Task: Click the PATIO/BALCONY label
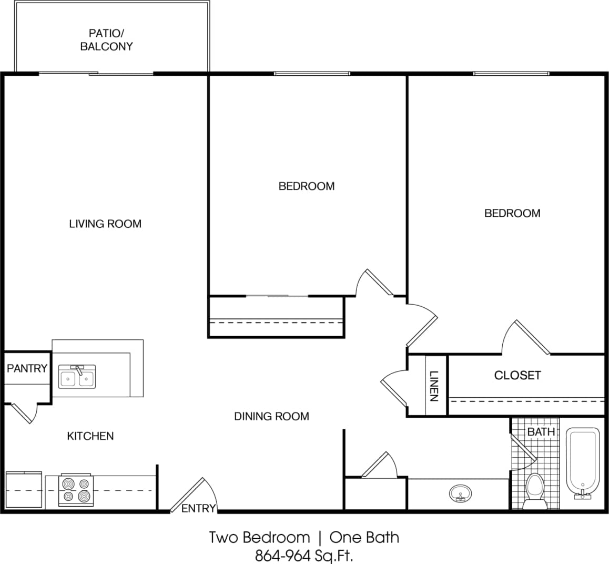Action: (106, 39)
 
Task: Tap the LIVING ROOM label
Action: (105, 224)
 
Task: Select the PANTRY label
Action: (27, 368)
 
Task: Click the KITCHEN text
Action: (90, 436)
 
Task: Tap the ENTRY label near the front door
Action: (198, 508)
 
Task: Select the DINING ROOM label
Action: (271, 416)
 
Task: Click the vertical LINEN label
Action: (434, 386)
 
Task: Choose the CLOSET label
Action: (517, 375)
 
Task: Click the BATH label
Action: (541, 431)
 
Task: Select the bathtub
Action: (582, 462)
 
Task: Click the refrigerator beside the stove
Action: (24, 490)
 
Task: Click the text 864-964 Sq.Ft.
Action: (304, 555)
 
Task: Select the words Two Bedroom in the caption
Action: (259, 537)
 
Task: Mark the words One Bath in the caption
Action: (364, 537)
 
